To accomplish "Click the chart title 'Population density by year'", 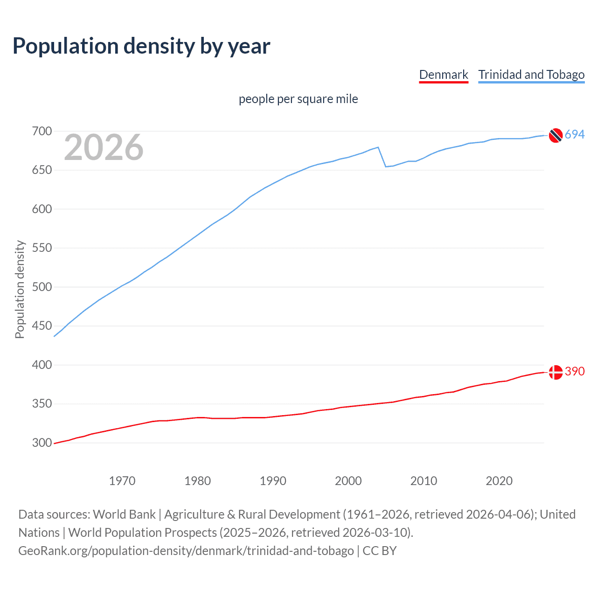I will pyautogui.click(x=141, y=46).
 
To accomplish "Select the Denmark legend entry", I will pyautogui.click(x=443, y=75).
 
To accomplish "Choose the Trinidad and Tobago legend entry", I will pyautogui.click(x=531, y=75).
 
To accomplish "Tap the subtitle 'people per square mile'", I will pyautogui.click(x=298, y=99).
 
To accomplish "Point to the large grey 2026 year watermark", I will pyautogui.click(x=104, y=147).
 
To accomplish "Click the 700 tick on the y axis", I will pyautogui.click(x=42, y=132).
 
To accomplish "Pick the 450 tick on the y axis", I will pyautogui.click(x=42, y=326).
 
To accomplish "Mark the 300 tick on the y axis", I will pyautogui.click(x=42, y=443).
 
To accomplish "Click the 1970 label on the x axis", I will pyautogui.click(x=122, y=481).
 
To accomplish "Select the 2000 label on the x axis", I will pyautogui.click(x=348, y=481).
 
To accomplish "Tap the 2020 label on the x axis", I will pyautogui.click(x=499, y=481).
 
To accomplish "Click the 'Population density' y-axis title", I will pyautogui.click(x=20, y=289).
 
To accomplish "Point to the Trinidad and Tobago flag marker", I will pyautogui.click(x=555, y=135).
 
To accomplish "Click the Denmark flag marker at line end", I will pyautogui.click(x=555, y=372).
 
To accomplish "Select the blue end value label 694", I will pyautogui.click(x=575, y=135).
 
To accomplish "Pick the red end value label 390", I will pyautogui.click(x=575, y=372).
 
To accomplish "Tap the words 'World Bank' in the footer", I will pyautogui.click(x=124, y=514).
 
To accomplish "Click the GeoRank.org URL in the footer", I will pyautogui.click(x=186, y=551).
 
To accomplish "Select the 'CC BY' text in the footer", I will pyautogui.click(x=380, y=551).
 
